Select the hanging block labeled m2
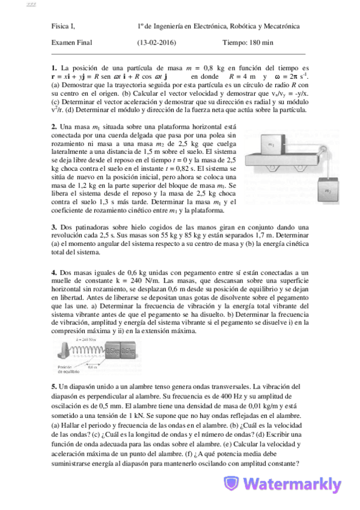(x=327, y=191)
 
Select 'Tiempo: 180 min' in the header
(x=248, y=43)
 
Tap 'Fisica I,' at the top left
(x=63, y=26)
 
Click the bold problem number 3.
(x=54, y=228)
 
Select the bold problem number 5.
(x=54, y=386)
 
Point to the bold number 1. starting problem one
(x=54, y=68)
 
